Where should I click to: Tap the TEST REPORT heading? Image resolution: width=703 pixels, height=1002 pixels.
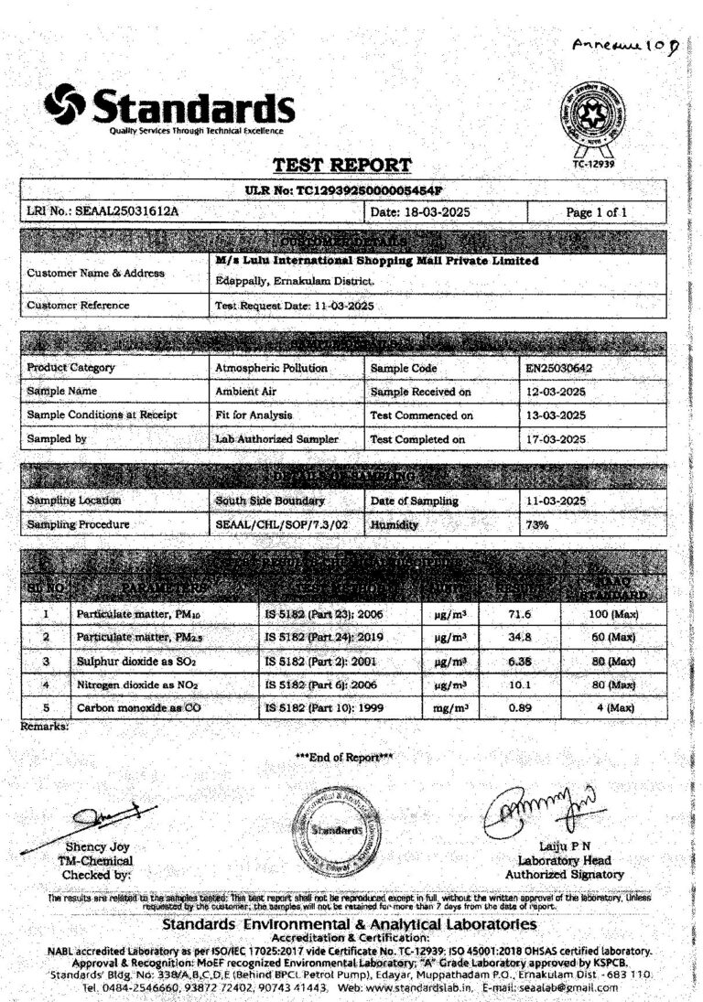click(342, 166)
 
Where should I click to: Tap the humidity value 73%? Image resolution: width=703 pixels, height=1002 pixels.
click(536, 525)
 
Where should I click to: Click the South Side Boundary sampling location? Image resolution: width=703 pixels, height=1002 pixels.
click(269, 501)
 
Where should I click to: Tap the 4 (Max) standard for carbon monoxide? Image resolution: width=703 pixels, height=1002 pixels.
click(611, 708)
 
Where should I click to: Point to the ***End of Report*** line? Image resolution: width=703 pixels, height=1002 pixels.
click(344, 757)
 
